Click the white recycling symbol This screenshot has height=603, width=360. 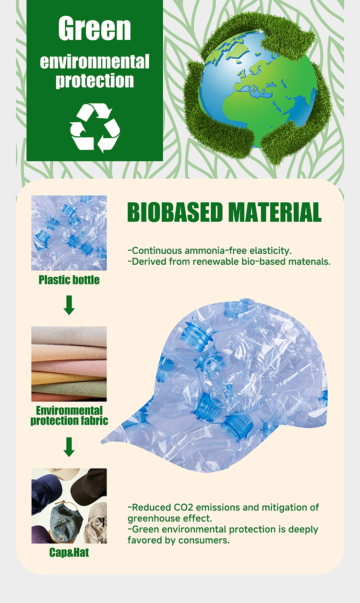pyautogui.click(x=95, y=128)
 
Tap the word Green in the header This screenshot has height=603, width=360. pyautogui.click(x=95, y=28)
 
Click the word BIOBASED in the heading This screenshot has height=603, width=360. pyautogui.click(x=175, y=213)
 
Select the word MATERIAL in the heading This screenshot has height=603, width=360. pyautogui.click(x=275, y=213)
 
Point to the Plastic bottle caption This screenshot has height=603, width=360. pyautogui.click(x=69, y=280)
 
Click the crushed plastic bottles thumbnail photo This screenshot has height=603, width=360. pyautogui.click(x=69, y=233)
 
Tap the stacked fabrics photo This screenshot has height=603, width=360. pyautogui.click(x=69, y=364)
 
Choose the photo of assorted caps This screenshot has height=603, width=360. pyautogui.click(x=69, y=506)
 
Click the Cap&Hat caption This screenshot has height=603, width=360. pyautogui.click(x=69, y=553)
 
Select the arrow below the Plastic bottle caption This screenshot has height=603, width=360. pyautogui.click(x=69, y=305)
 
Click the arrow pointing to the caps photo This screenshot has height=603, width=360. pyautogui.click(x=69, y=447)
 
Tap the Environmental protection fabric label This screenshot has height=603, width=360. pyautogui.click(x=69, y=415)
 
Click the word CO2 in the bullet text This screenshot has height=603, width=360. pyautogui.click(x=183, y=508)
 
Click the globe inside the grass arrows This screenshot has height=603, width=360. pyautogui.click(x=257, y=89)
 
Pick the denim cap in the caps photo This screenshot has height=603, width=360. pyautogui.click(x=67, y=520)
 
